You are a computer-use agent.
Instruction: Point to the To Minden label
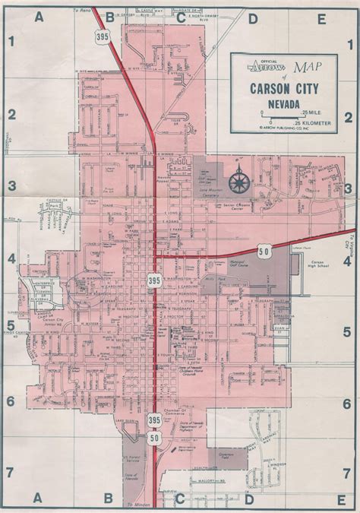tap(140, 505)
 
